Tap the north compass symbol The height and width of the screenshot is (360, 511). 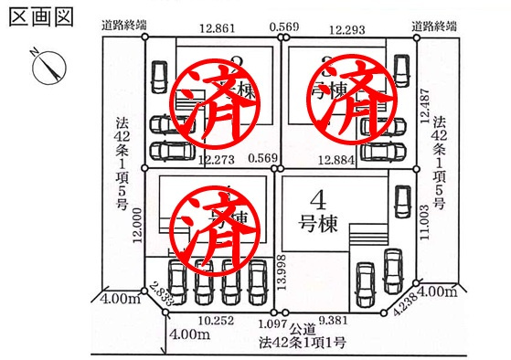48,67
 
